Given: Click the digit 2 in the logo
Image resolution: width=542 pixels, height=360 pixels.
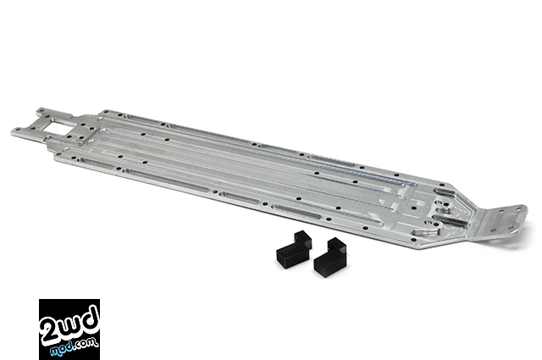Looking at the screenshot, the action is coord(49,331).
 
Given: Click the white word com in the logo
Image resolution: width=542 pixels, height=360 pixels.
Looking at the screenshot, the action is coord(88,344).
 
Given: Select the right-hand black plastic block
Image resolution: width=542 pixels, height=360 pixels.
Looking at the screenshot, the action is coord(330,256).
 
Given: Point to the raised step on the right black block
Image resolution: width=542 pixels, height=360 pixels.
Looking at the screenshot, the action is coord(337,245).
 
